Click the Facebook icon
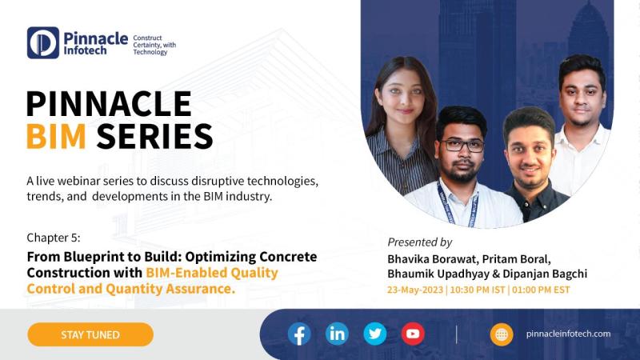(x=299, y=334)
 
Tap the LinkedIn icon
(x=337, y=334)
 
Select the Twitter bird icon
(x=375, y=334)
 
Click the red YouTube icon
(x=413, y=334)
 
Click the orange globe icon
(x=502, y=334)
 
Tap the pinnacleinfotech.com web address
(x=568, y=334)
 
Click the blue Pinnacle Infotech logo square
(x=43, y=43)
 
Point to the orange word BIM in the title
(x=56, y=136)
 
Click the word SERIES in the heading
(x=154, y=136)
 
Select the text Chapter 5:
(x=54, y=238)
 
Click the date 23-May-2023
(x=415, y=290)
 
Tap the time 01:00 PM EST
(x=541, y=290)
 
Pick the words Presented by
(x=419, y=242)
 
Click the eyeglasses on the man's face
(x=463, y=145)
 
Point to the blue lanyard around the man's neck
(x=457, y=204)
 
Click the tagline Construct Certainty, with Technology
(x=154, y=45)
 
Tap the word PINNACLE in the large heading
(x=109, y=104)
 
